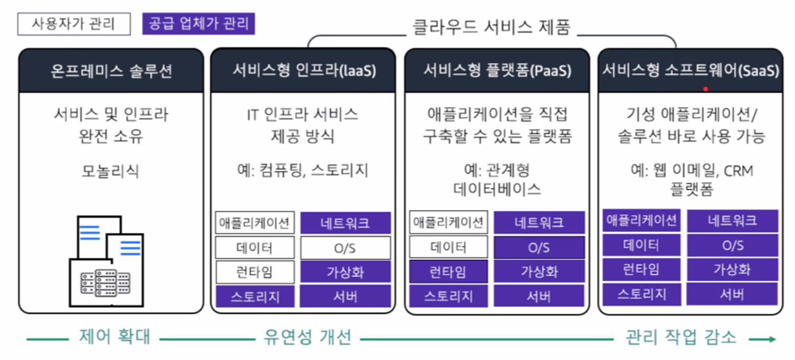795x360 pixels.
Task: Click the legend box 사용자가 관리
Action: tap(74, 24)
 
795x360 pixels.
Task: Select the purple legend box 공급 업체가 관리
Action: tap(198, 24)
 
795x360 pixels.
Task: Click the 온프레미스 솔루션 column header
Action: tap(111, 71)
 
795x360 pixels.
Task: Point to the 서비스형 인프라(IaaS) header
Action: tap(304, 71)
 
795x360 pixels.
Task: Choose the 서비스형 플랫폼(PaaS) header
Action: tap(497, 71)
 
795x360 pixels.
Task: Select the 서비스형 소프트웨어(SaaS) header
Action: tap(690, 71)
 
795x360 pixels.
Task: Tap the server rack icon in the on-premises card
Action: tap(106, 281)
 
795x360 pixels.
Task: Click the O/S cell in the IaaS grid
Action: tap(346, 248)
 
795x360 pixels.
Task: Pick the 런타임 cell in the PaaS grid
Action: tap(448, 272)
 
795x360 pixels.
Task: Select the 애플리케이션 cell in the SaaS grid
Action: tap(642, 220)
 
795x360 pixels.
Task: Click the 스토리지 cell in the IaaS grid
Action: tap(255, 296)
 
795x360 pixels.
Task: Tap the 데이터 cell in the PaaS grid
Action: tap(448, 247)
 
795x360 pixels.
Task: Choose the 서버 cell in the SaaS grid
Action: tap(732, 294)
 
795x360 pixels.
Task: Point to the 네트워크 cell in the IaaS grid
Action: tap(346, 223)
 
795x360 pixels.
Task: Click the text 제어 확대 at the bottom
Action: tap(114, 337)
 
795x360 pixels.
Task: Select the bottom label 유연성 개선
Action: tap(307, 337)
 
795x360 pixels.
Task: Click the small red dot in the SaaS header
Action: tap(705, 89)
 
